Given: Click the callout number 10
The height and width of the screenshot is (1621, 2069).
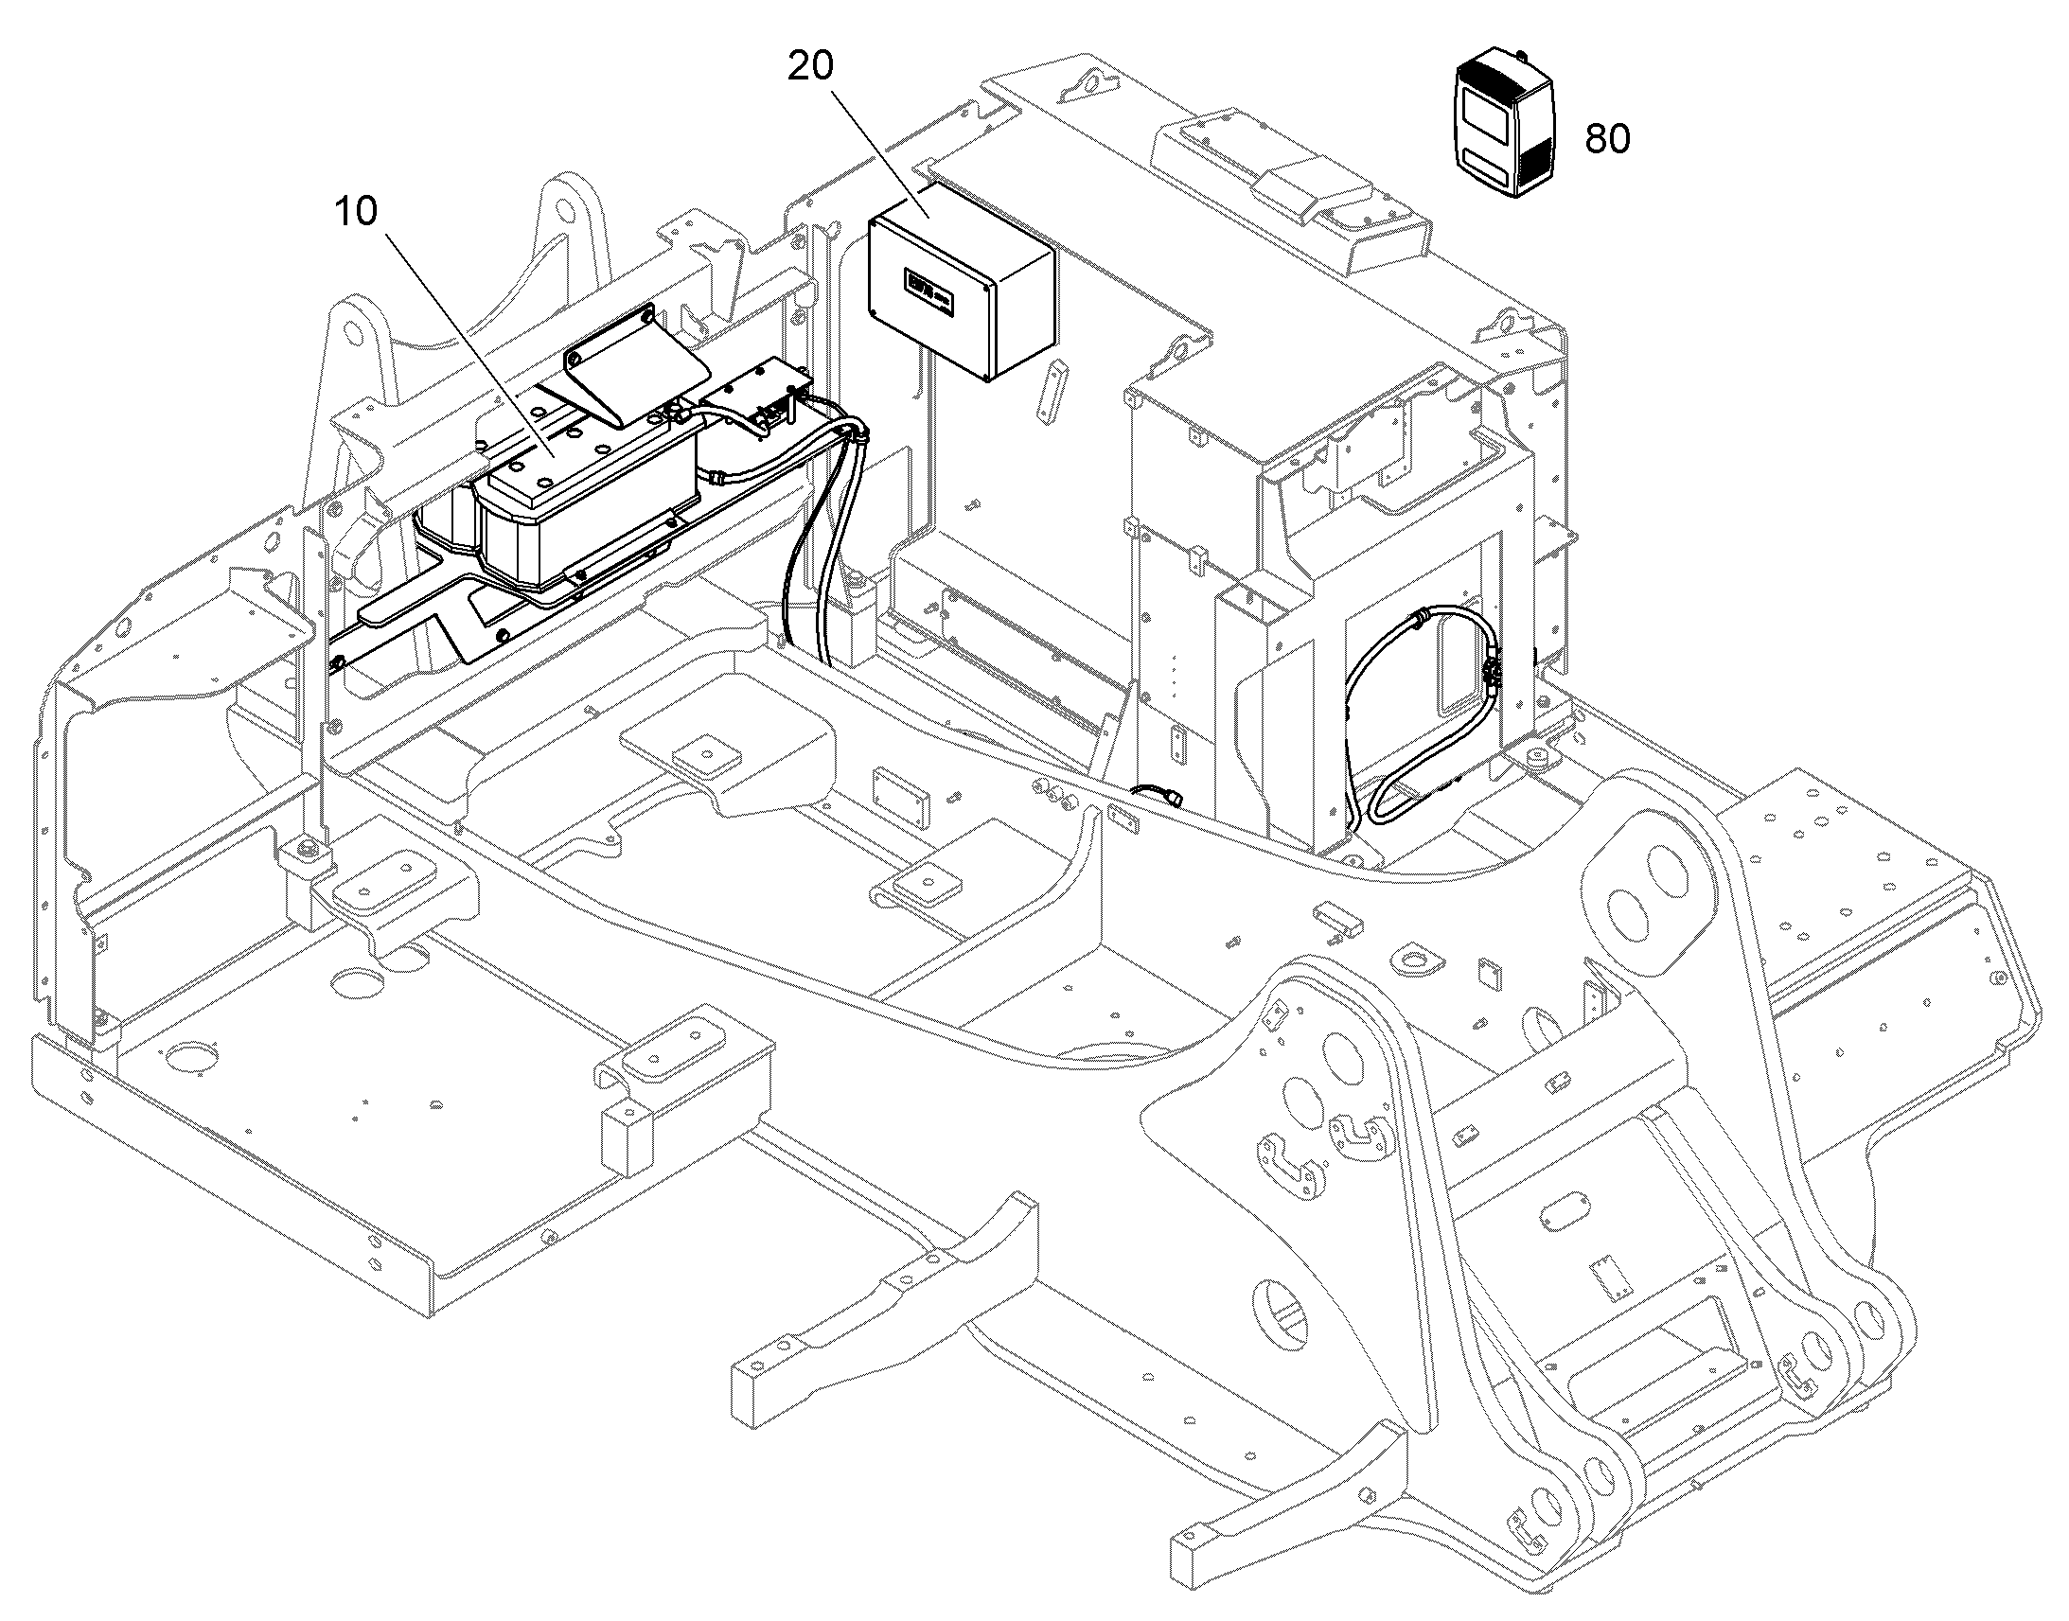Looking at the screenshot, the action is (x=356, y=212).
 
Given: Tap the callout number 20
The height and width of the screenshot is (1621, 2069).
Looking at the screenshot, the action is (x=811, y=65).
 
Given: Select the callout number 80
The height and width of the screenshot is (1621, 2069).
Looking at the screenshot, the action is (x=1608, y=138).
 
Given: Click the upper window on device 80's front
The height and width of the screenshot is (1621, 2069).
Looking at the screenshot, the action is (x=1483, y=111).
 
